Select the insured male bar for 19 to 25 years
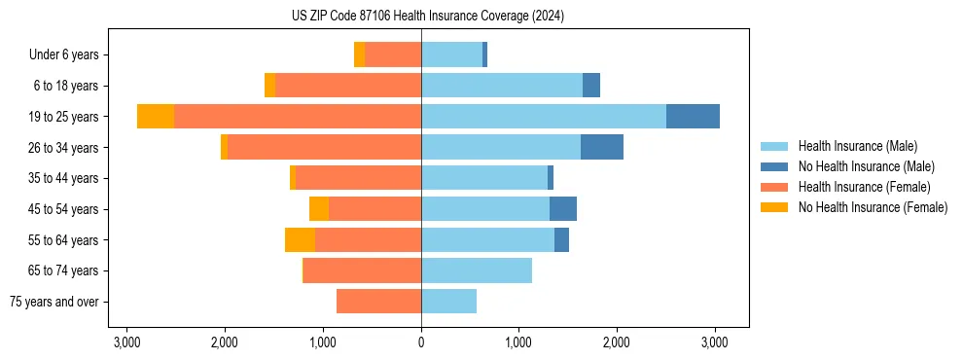click(x=544, y=116)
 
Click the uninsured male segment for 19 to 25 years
click(x=693, y=116)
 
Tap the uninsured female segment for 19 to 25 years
click(x=156, y=116)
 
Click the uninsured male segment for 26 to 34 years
click(x=602, y=147)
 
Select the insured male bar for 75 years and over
click(x=448, y=302)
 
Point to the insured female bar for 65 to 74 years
click(x=362, y=270)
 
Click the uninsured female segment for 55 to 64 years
click(x=300, y=239)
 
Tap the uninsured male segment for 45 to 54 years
click(x=563, y=208)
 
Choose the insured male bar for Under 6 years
click(x=451, y=54)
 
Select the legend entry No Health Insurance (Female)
click(x=873, y=207)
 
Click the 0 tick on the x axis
click(x=421, y=342)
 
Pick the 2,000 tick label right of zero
click(x=617, y=342)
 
